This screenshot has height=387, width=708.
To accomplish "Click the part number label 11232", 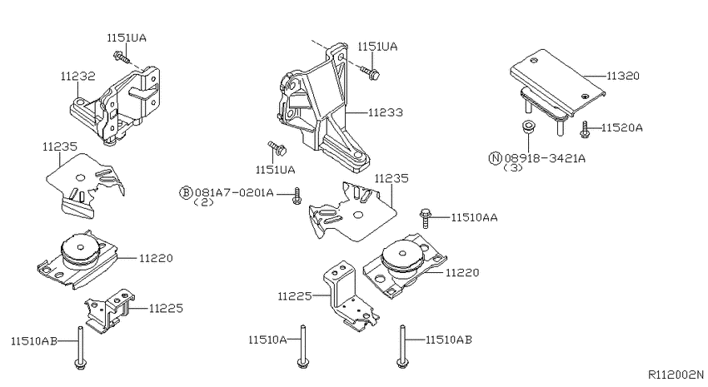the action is coord(78,77).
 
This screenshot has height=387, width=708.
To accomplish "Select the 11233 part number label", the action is coord(385,112).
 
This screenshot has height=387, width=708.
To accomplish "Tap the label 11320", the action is coord(623,76).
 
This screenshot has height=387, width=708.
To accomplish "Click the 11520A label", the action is coord(621,127).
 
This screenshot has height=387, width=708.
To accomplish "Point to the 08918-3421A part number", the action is coord(545,158).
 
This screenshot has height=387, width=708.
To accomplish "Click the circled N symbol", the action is coord(496,158).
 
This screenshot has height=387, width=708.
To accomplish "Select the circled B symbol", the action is coord(186,192).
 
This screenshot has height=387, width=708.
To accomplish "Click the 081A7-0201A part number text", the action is coord(234,192).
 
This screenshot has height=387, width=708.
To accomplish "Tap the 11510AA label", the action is coord(474,218).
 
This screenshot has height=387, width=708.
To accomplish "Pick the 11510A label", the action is coord(267,340).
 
